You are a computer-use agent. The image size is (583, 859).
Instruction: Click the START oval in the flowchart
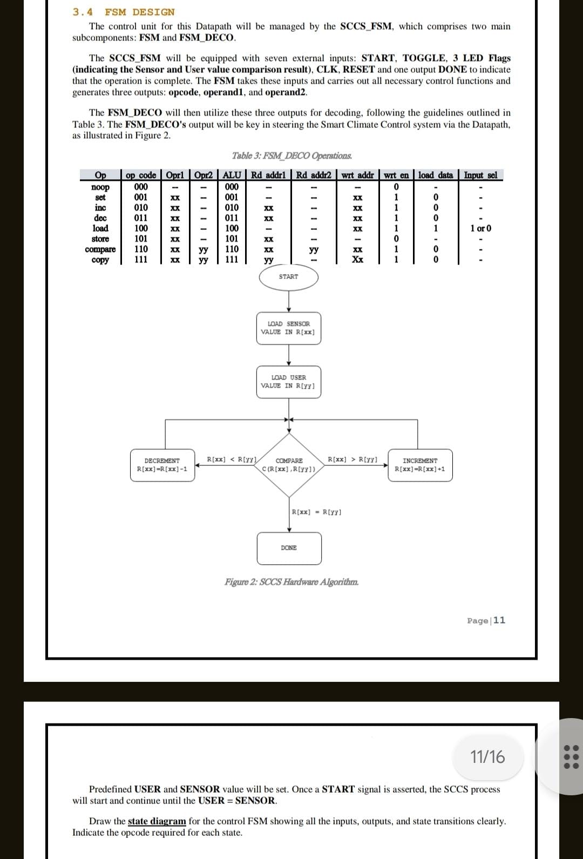tap(288, 277)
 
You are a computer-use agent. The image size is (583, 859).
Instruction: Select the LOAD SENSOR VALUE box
tap(288, 328)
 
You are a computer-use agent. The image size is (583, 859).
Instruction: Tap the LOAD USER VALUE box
tap(288, 382)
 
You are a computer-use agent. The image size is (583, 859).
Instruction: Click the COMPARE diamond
tap(289, 465)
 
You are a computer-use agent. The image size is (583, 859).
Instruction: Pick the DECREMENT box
tap(162, 465)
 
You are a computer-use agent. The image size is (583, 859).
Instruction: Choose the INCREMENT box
tap(420, 465)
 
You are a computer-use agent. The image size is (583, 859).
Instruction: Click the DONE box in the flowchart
tap(289, 548)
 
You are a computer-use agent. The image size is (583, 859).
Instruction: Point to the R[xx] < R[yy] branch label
tap(232, 459)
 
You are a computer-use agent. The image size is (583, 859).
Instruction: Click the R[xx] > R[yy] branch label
tap(352, 459)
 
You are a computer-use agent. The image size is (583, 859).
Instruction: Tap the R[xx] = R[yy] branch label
tap(316, 512)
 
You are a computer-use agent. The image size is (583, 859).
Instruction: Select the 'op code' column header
tap(141, 175)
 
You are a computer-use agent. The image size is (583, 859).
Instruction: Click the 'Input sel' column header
tap(480, 175)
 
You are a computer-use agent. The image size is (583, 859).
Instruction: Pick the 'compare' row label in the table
tap(100, 249)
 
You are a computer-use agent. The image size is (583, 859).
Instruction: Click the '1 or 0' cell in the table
tap(480, 228)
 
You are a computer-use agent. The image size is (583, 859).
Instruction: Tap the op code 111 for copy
tap(141, 260)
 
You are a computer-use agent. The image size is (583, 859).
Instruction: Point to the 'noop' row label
tap(100, 187)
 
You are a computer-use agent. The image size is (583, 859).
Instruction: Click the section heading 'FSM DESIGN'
tap(140, 12)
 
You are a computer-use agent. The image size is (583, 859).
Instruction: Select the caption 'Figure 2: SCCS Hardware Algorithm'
tap(291, 582)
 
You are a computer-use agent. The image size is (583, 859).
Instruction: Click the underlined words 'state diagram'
tap(157, 821)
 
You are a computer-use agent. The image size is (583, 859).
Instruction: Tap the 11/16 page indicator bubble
tap(487, 757)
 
